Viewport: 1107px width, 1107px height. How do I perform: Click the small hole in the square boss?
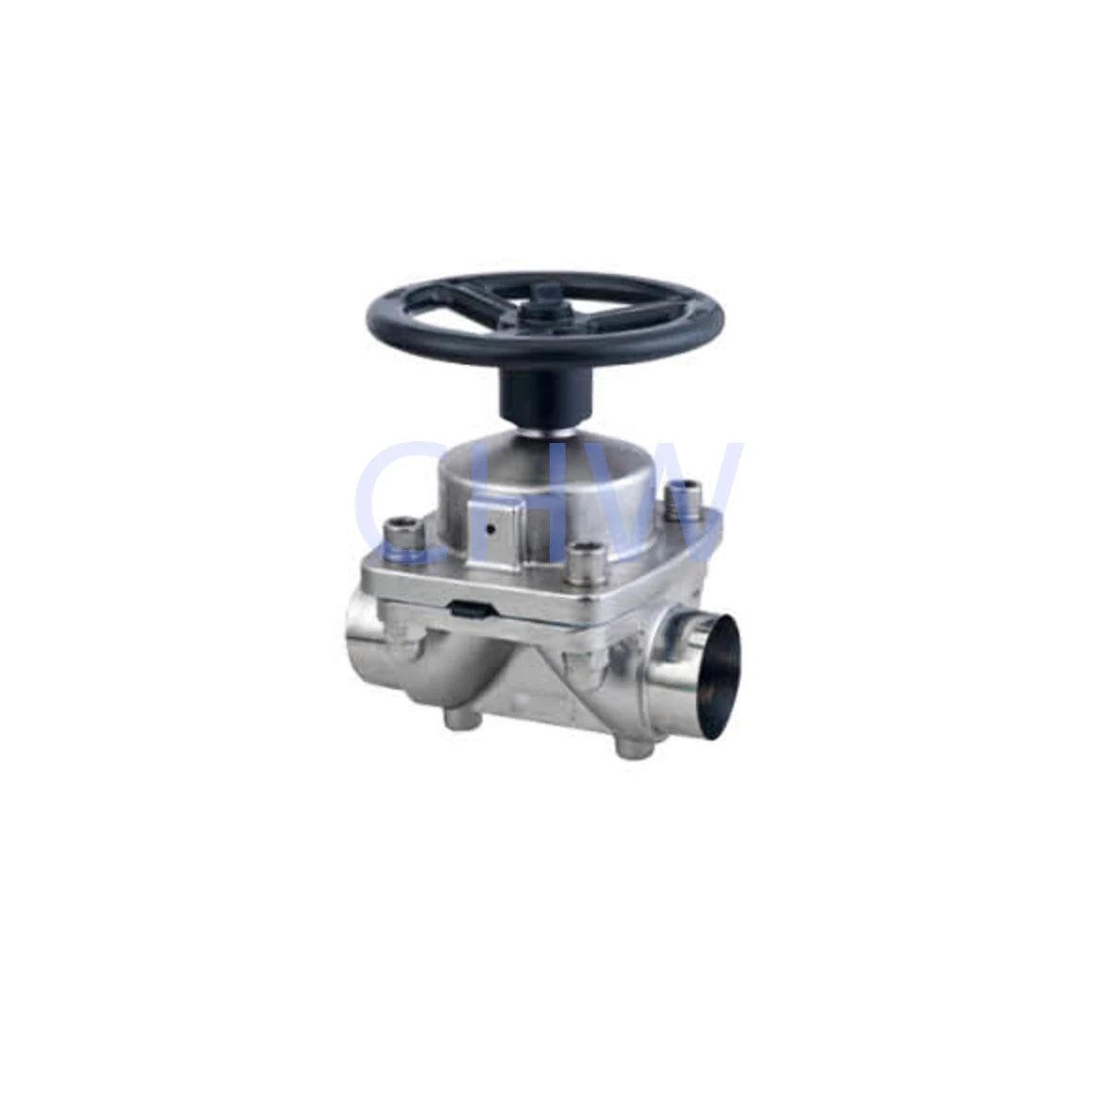pos(490,530)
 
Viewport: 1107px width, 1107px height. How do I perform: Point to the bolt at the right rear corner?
pos(680,498)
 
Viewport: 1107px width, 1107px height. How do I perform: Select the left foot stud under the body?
pos(461,721)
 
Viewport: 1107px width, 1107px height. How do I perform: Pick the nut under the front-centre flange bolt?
pos(578,662)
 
